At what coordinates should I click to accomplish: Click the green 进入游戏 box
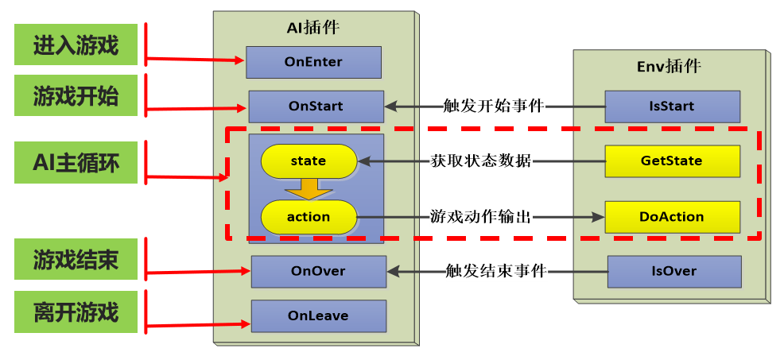pyautogui.click(x=76, y=45)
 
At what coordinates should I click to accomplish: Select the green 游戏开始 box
pyautogui.click(x=76, y=97)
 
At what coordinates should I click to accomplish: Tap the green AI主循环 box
pyautogui.click(x=76, y=162)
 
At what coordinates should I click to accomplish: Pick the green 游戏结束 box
pyautogui.click(x=76, y=259)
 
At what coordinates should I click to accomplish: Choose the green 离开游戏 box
pyautogui.click(x=76, y=312)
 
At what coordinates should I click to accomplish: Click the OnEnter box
pyautogui.click(x=313, y=62)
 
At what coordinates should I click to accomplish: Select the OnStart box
pyautogui.click(x=316, y=106)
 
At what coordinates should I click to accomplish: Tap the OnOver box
pyautogui.click(x=318, y=271)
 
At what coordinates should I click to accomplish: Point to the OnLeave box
pyautogui.click(x=318, y=315)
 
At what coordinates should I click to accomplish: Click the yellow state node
pyautogui.click(x=308, y=161)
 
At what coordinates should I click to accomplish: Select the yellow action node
pyautogui.click(x=308, y=216)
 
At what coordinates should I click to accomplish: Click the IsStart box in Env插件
pyautogui.click(x=672, y=106)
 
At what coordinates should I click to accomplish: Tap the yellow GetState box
pyautogui.click(x=671, y=161)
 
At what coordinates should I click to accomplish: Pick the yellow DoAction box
pyautogui.click(x=671, y=216)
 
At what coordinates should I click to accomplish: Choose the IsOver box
pyautogui.click(x=673, y=271)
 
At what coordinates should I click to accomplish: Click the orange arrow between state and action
pyautogui.click(x=309, y=189)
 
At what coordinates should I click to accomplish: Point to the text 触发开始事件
pyautogui.click(x=494, y=106)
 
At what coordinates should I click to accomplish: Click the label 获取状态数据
pyautogui.click(x=481, y=161)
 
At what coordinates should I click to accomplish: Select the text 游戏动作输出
pyautogui.click(x=480, y=216)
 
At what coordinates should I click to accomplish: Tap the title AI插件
pyautogui.click(x=312, y=27)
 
